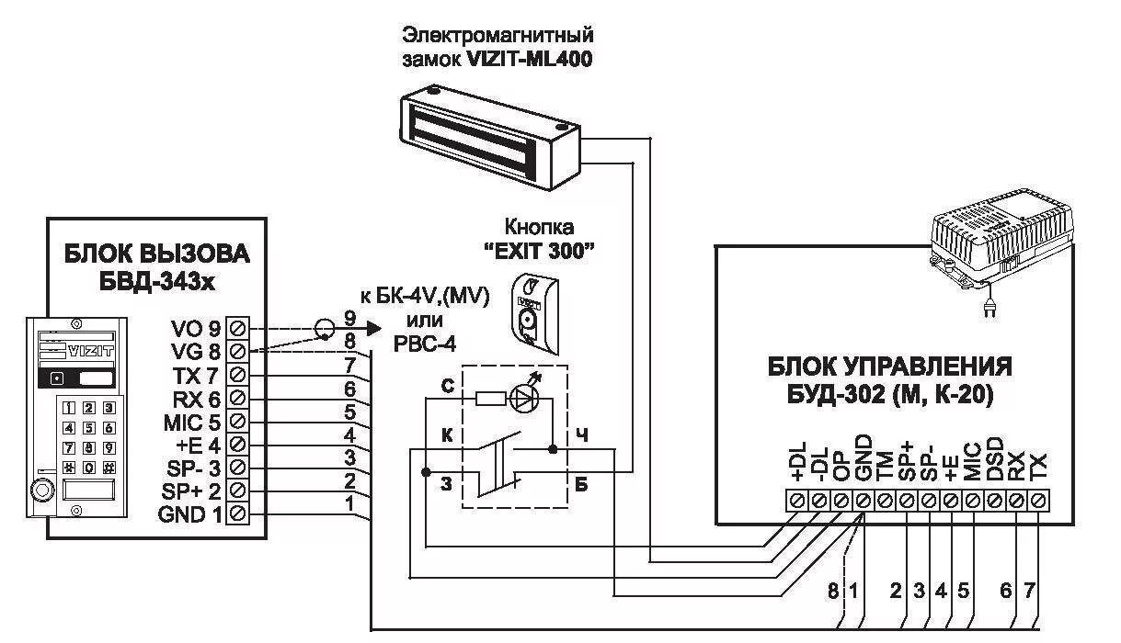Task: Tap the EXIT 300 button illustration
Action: click(533, 312)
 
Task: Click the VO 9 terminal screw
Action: click(238, 328)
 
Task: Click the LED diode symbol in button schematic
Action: click(525, 399)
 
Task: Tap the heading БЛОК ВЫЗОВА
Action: click(156, 253)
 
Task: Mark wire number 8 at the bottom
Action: click(833, 592)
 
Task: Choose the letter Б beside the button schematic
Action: click(580, 484)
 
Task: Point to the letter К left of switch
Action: click(448, 435)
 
